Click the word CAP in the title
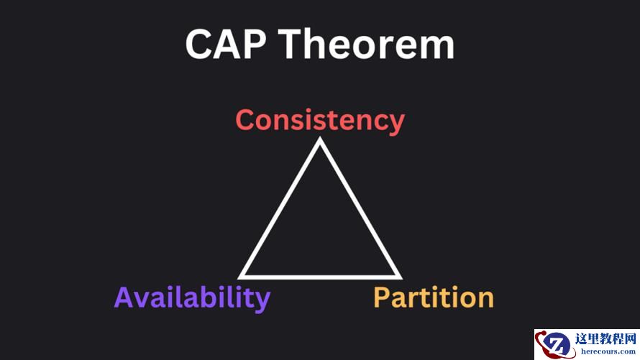[226, 44]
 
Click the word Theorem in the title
[367, 44]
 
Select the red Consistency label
[320, 121]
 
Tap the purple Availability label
[192, 298]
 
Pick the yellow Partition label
[434, 297]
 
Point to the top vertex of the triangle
[319, 138]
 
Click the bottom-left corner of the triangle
[239, 279]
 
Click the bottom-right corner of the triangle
[401, 279]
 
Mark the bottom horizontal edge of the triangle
[320, 277]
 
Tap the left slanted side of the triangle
[279, 208]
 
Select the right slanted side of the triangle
[361, 208]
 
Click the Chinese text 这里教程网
[605, 338]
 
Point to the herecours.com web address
[608, 351]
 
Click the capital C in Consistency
[246, 120]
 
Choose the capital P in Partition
[383, 297]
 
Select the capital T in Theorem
[291, 44]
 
